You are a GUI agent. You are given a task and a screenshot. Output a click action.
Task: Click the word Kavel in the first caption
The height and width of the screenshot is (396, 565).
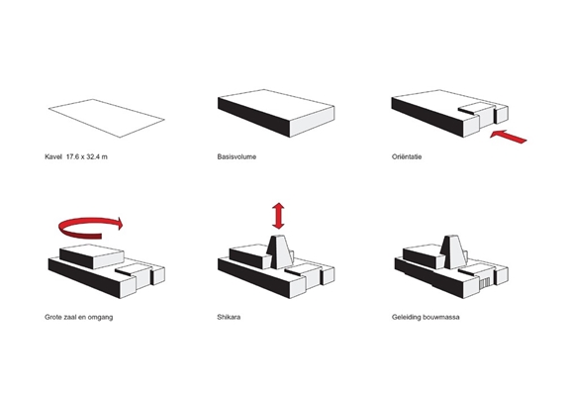click(53, 156)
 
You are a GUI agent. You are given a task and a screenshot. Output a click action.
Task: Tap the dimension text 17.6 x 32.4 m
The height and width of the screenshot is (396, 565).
click(87, 156)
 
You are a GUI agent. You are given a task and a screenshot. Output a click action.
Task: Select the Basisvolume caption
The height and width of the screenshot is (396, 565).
click(236, 156)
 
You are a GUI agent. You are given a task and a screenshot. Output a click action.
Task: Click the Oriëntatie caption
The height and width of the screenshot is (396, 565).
click(407, 156)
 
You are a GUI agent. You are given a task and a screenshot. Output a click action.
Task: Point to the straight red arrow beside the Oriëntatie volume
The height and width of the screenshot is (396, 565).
click(509, 137)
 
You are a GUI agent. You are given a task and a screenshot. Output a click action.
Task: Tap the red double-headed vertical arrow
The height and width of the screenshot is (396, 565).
click(278, 216)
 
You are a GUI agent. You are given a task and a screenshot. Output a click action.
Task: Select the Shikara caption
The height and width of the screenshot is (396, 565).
click(229, 318)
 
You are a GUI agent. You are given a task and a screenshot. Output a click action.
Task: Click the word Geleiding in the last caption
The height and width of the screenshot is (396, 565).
click(406, 318)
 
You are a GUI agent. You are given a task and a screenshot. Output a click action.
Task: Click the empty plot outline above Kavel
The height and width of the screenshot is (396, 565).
click(107, 118)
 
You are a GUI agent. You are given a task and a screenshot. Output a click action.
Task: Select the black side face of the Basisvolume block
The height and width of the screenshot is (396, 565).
click(253, 117)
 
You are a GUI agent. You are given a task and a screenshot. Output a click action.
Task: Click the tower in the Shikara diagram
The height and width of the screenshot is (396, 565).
click(280, 251)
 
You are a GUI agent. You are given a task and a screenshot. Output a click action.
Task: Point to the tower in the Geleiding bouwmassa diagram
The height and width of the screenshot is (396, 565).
click(453, 251)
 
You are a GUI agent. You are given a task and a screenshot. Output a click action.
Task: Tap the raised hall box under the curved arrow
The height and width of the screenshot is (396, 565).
click(91, 256)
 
